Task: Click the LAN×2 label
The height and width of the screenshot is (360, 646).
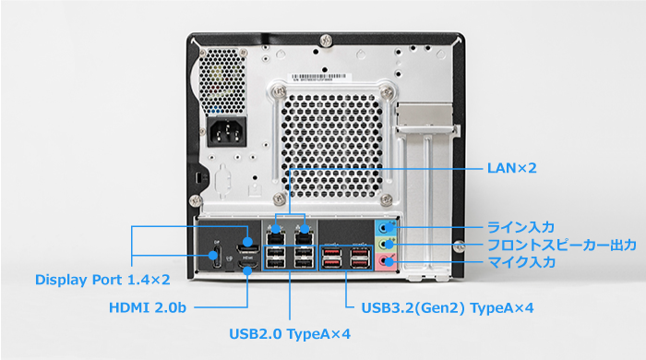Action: click(x=511, y=169)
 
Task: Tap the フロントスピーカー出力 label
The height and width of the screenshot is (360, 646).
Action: click(x=562, y=245)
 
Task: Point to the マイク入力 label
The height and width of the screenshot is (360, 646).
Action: click(x=521, y=263)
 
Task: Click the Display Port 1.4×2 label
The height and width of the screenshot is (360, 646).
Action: click(x=102, y=279)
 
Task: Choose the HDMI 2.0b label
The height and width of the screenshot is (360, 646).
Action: click(x=148, y=306)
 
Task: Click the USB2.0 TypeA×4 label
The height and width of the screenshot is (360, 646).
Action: click(x=290, y=333)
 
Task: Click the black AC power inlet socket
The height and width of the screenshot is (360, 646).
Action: click(x=229, y=134)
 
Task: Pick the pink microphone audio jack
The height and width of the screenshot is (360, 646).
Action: click(x=388, y=262)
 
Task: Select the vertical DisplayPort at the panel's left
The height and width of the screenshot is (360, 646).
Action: click(x=216, y=257)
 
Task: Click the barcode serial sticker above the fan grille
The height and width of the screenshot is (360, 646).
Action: click(x=322, y=78)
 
